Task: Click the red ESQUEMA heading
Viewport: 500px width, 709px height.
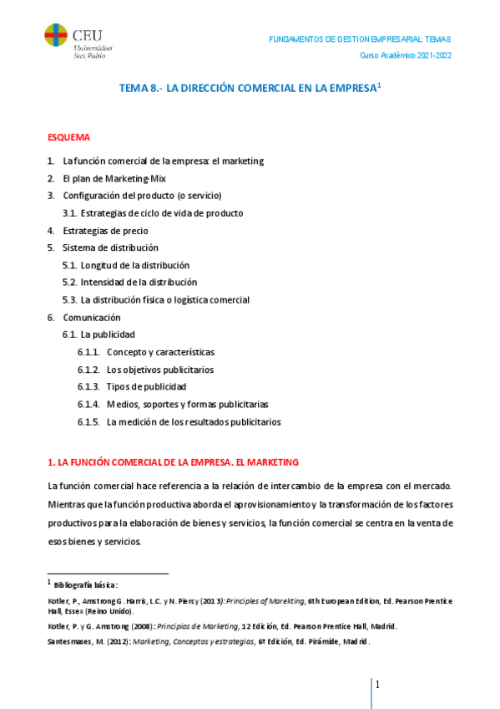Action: [68, 137]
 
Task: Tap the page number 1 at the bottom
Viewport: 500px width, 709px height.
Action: [377, 686]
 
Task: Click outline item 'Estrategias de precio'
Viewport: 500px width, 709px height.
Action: [105, 231]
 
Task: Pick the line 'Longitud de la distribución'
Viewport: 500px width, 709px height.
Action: [135, 265]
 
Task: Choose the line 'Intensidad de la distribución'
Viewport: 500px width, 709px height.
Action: [139, 283]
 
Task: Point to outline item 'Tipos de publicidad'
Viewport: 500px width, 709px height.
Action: [146, 386]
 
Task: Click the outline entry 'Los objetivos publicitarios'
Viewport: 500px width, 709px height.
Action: [159, 370]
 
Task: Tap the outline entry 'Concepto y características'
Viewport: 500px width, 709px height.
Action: [160, 352]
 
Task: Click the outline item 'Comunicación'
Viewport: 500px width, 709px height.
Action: [92, 318]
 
